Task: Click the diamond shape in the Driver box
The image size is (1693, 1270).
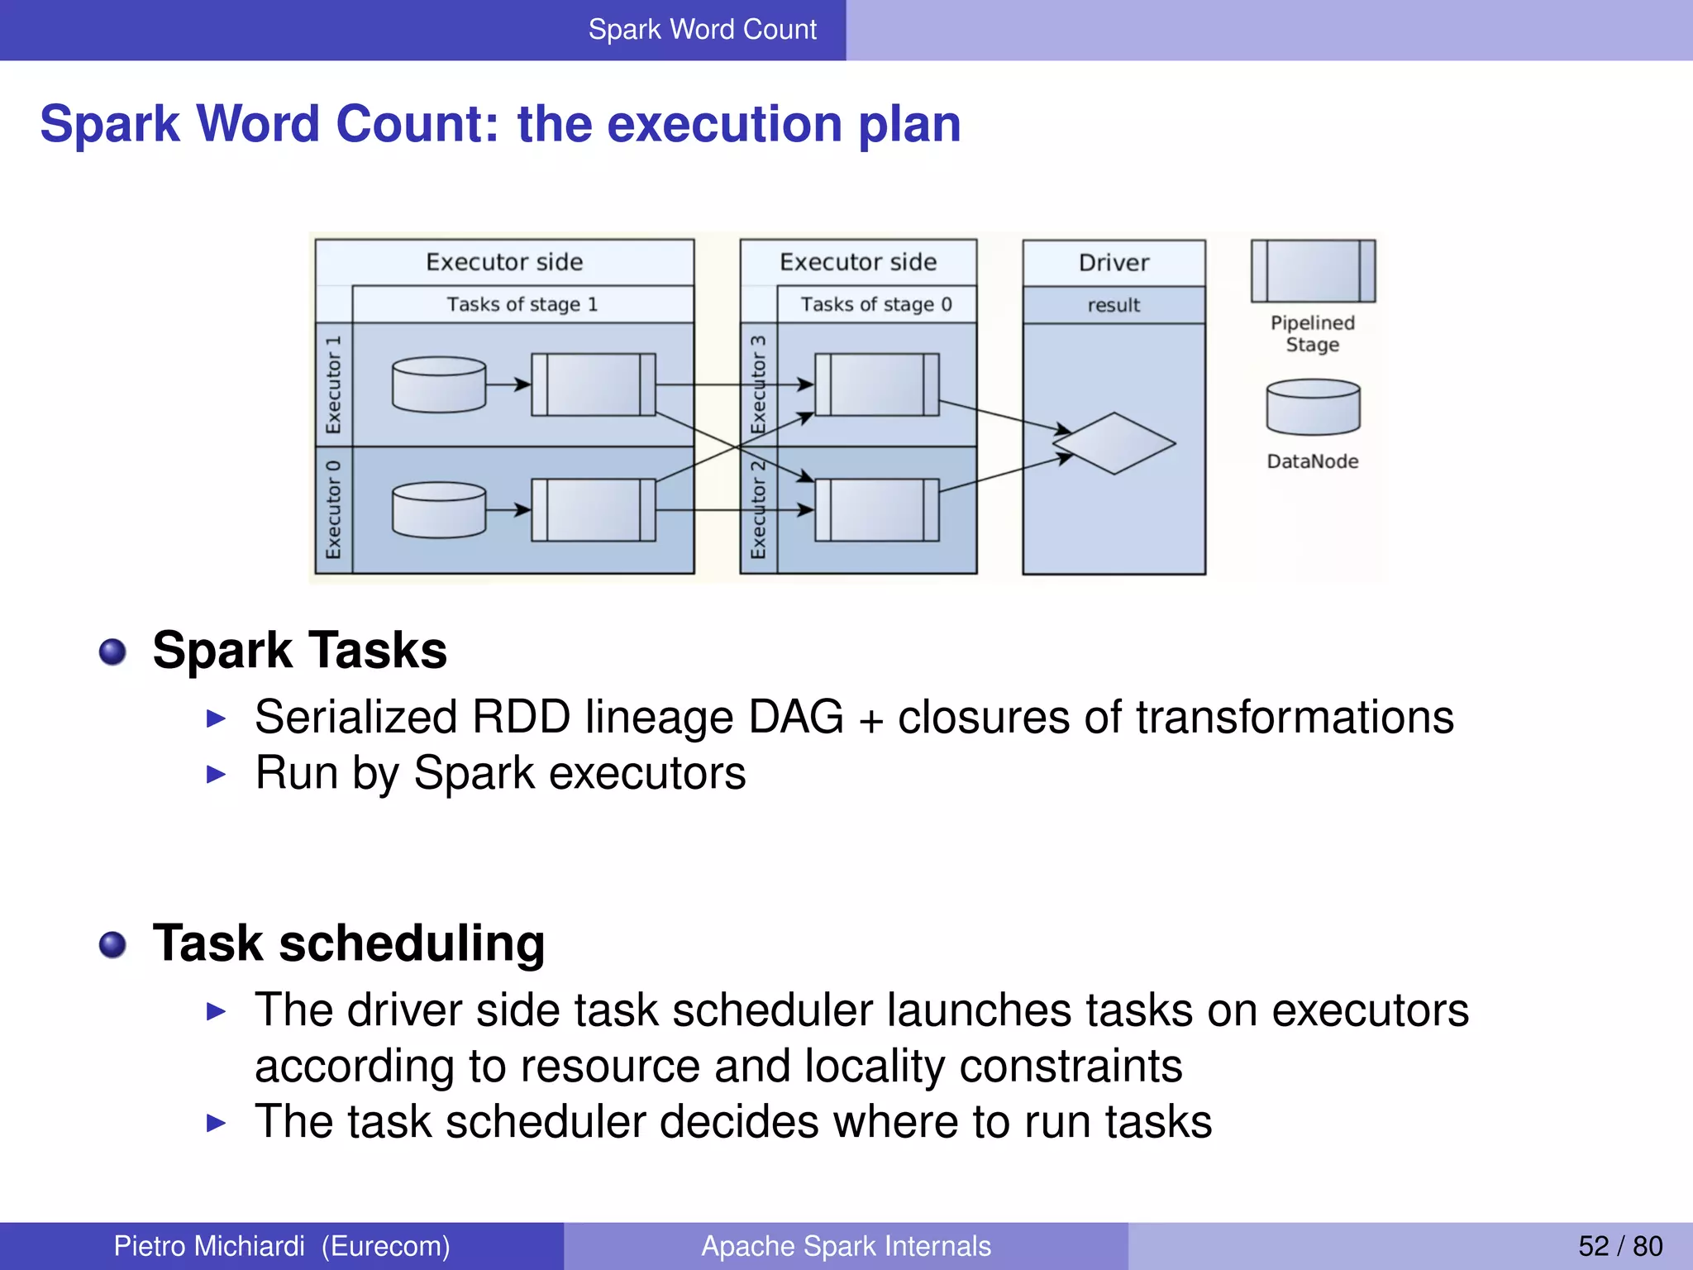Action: click(1114, 443)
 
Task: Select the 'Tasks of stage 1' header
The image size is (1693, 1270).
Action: click(522, 304)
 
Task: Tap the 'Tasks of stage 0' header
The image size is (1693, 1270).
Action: click(875, 304)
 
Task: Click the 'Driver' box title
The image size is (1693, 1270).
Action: click(1114, 263)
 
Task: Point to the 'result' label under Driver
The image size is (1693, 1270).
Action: click(1114, 305)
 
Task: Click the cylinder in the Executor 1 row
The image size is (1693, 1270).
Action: click(439, 384)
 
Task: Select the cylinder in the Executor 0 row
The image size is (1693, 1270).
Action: click(439, 510)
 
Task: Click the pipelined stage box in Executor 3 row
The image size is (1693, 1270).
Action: click(876, 384)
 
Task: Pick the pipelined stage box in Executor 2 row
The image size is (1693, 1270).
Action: click(876, 510)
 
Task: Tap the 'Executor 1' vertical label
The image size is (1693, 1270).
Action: click(333, 384)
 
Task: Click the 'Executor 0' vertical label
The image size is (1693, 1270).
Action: click(333, 510)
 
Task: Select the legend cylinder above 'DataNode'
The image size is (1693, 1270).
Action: click(1313, 407)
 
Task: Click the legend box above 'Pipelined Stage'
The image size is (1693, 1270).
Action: click(1313, 271)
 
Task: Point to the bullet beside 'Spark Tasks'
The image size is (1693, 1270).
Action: click(112, 652)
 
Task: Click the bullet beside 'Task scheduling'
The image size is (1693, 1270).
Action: click(112, 944)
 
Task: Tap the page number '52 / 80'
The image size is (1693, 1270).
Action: click(1620, 1246)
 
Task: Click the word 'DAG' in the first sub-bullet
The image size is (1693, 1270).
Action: click(795, 717)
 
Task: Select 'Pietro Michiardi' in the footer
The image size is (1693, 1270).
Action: click(209, 1246)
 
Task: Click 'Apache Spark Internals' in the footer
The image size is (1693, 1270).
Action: click(846, 1246)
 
